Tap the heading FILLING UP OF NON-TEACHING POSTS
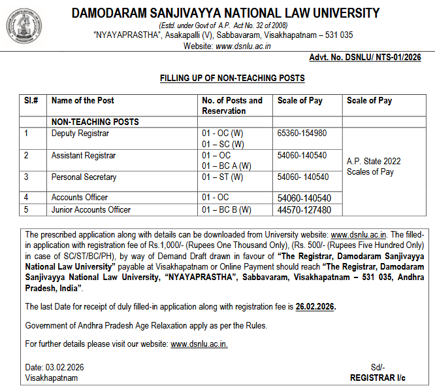(233, 79)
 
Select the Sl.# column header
(31, 101)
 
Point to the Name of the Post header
(83, 101)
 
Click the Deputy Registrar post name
(80, 133)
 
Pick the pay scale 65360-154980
(302, 133)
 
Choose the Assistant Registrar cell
(84, 156)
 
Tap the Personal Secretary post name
(84, 177)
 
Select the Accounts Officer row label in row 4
(80, 198)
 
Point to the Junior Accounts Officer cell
(91, 210)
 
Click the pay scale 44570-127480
(304, 210)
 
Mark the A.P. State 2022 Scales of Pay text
(374, 166)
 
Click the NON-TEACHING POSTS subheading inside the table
(95, 122)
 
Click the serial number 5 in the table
(27, 210)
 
